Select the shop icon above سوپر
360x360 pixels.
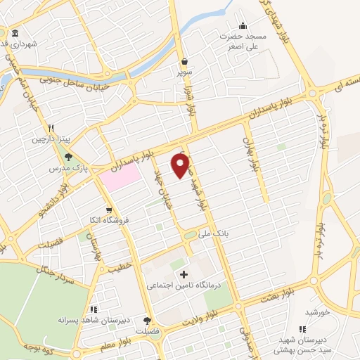[184, 61]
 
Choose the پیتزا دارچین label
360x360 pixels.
[51, 139]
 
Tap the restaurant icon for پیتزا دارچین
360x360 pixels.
[51, 129]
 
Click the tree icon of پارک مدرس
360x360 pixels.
[67, 158]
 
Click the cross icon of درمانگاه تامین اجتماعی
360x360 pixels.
[184, 274]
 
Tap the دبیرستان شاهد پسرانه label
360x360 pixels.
[92, 320]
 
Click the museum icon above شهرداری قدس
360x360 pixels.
[15, 33]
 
